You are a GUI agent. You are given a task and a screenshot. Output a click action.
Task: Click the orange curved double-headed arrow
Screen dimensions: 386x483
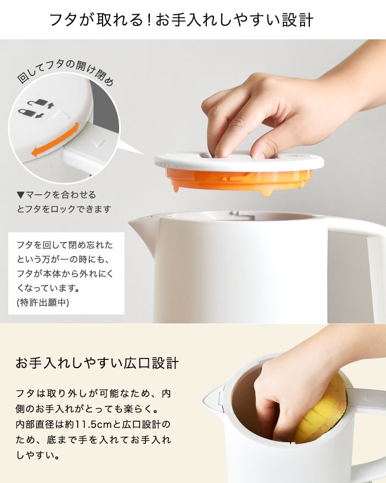point(55,139)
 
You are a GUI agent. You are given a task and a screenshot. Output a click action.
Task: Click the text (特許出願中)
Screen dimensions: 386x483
point(43,302)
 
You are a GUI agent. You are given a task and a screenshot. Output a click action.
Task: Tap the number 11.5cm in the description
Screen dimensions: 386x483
point(89,424)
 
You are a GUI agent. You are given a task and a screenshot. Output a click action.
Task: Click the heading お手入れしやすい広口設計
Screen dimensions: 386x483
point(97,363)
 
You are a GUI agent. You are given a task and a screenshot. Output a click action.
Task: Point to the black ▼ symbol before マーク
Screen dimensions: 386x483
point(20,195)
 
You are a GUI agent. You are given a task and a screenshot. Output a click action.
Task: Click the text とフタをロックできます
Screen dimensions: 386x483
point(64,209)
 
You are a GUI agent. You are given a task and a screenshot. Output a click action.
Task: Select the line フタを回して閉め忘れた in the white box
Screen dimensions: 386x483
point(65,245)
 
